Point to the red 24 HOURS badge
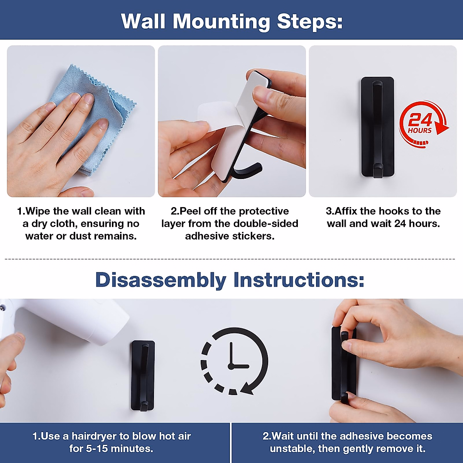click(424, 124)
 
